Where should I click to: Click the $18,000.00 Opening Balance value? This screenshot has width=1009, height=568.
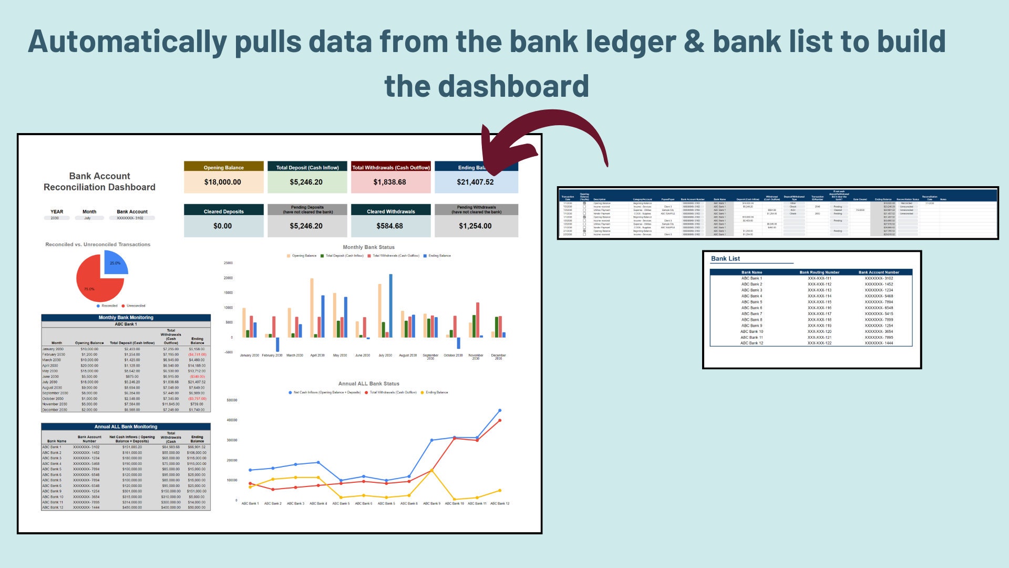click(223, 182)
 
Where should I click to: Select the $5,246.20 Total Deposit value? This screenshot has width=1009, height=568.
click(306, 182)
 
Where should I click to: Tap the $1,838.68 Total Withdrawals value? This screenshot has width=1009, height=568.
click(390, 182)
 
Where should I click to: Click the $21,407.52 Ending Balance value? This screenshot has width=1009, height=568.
click(476, 182)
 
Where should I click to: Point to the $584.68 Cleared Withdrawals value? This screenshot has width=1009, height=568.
click(390, 226)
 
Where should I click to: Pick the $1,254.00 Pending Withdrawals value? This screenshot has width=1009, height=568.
click(476, 226)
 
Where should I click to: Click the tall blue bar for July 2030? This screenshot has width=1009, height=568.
click(390, 305)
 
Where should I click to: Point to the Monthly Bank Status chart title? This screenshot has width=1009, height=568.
click(368, 247)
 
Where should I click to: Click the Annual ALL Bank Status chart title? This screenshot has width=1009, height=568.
click(368, 384)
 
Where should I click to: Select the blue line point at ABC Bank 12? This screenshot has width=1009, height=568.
click(500, 410)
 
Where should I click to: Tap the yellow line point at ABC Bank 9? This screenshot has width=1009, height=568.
click(432, 470)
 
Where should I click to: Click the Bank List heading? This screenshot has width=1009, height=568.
click(725, 259)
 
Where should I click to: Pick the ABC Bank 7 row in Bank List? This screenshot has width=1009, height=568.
click(751, 314)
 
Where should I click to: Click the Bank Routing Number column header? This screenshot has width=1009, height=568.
click(819, 272)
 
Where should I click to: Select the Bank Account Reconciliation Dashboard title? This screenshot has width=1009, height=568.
click(99, 181)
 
